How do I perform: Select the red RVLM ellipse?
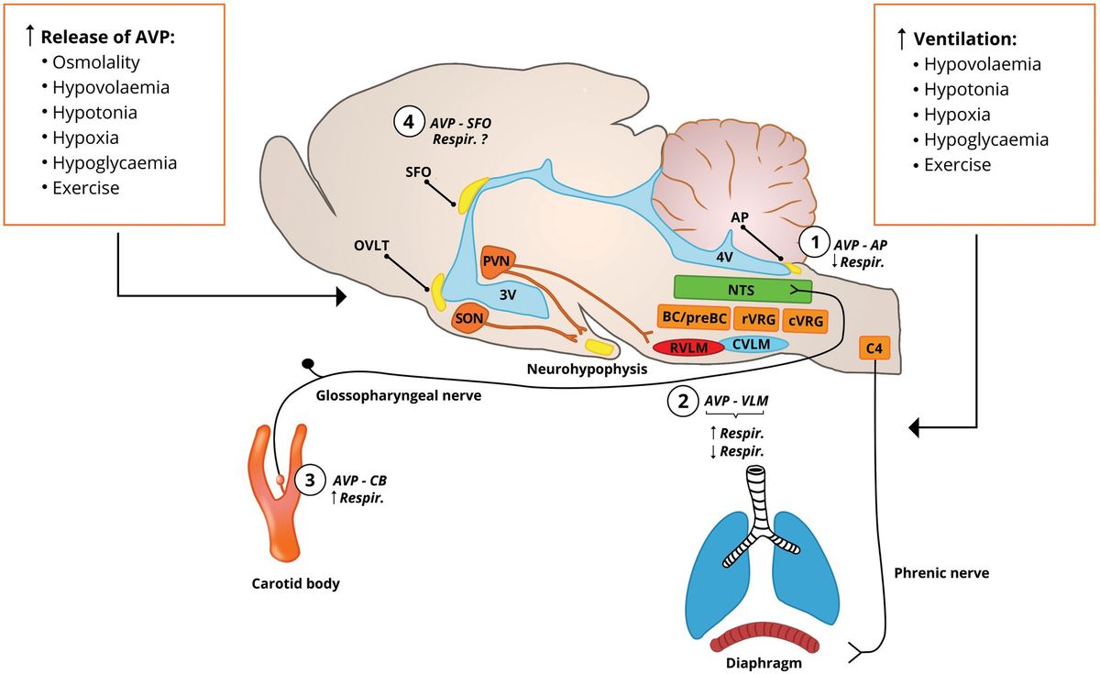(x=685, y=348)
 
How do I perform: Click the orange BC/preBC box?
(x=693, y=318)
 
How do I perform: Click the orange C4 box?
(x=874, y=349)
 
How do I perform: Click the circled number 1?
(x=813, y=243)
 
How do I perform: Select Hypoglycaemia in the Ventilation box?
(x=985, y=140)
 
